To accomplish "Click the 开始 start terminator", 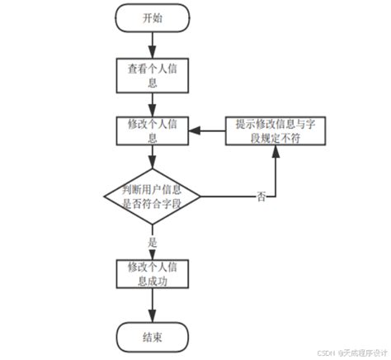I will pos(153,19).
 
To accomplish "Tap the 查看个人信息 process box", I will pos(153,75).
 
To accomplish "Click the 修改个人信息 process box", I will pos(153,130).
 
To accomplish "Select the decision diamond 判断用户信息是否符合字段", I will pos(153,197).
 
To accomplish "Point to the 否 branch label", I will pos(261,197).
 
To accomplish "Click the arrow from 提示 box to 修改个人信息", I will pos(208,130).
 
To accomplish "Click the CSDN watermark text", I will pos(346,350).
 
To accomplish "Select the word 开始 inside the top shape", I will pos(153,19).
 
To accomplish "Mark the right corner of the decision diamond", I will pos(202,197).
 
